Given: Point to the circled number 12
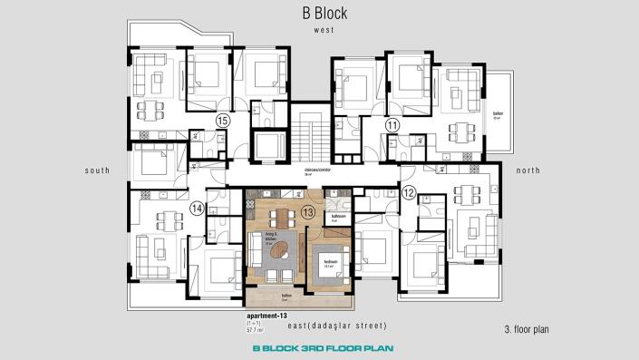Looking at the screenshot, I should click(x=408, y=192).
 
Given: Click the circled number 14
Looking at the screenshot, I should click(x=197, y=209).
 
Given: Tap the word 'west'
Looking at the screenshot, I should click(x=324, y=30).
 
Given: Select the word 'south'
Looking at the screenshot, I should click(x=97, y=170).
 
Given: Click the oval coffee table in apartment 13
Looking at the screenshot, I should click(x=283, y=248).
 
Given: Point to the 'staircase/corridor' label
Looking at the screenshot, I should click(x=315, y=170).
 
